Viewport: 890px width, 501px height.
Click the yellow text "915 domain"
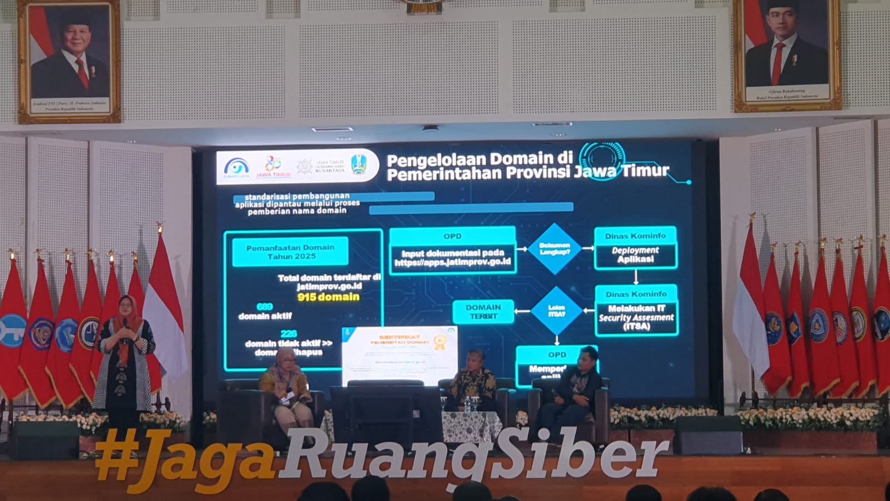(328, 297)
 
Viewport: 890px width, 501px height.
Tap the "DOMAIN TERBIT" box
(483, 312)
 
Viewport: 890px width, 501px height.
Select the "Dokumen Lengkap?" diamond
(554, 248)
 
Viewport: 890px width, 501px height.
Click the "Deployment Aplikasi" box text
(635, 255)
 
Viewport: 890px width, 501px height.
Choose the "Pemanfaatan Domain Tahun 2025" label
(290, 252)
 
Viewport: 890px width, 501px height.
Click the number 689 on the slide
(265, 307)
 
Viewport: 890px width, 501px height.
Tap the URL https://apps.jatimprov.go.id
(452, 262)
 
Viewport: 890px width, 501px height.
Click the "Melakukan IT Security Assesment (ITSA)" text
(636, 317)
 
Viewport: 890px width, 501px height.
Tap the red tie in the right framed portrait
(778, 61)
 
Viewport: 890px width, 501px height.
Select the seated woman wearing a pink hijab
(285, 390)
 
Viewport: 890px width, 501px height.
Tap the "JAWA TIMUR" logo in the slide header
(273, 167)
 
